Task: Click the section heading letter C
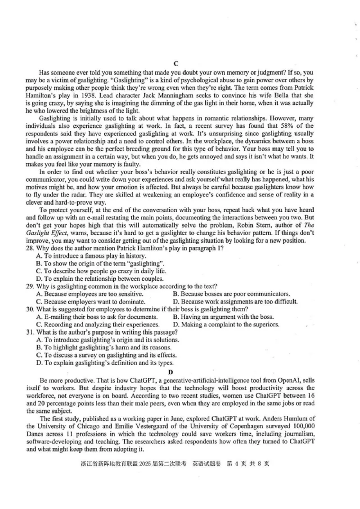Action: (176, 63)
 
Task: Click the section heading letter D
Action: (171, 372)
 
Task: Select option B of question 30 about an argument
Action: (223, 317)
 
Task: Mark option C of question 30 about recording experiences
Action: (97, 324)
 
